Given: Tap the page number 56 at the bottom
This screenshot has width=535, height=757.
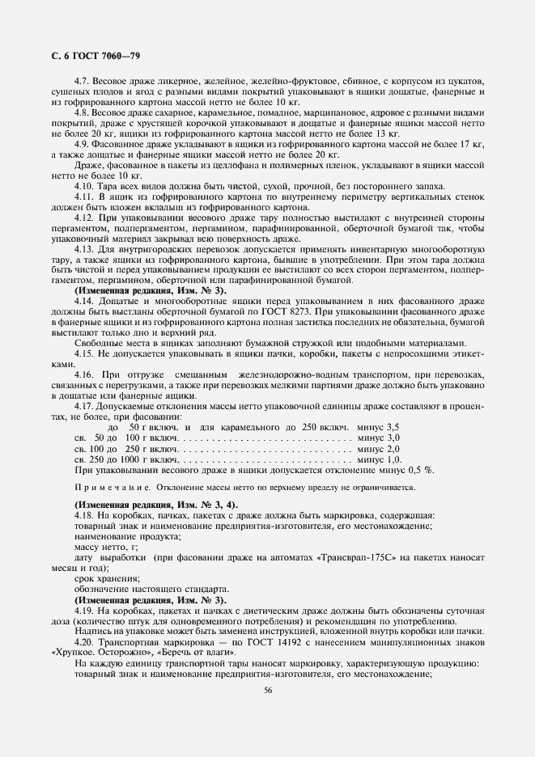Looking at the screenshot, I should pos(267,690).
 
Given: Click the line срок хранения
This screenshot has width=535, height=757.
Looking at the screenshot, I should pos(106,578).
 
